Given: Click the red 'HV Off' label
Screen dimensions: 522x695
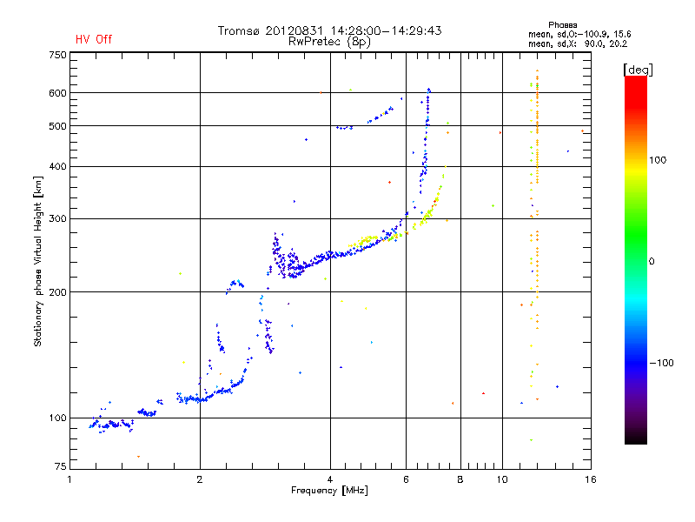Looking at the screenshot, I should click(x=94, y=39).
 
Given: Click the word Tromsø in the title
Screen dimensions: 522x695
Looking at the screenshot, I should click(x=241, y=30).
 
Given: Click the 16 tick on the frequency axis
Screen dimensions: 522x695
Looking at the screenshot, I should click(x=590, y=479).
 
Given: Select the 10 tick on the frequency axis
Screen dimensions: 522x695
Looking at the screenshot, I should click(x=501, y=479).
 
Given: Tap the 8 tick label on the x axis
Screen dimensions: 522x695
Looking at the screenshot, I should click(x=460, y=479).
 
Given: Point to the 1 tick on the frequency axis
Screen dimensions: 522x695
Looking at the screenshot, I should click(x=70, y=479).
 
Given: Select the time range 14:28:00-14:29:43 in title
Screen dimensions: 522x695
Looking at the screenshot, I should click(x=381, y=30).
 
